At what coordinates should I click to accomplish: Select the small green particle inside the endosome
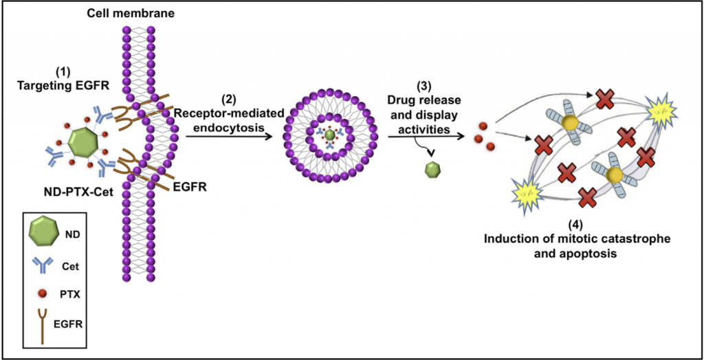point(331,136)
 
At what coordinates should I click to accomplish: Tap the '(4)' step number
point(577,224)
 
